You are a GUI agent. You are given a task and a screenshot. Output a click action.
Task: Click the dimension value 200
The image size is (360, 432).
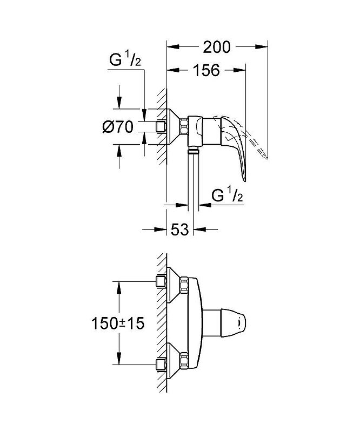pyautogui.click(x=217, y=48)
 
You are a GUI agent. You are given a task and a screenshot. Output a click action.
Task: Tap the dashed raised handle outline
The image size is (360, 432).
pyautogui.click(x=254, y=138)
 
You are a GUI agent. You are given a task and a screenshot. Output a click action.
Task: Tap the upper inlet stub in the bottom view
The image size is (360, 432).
pyautogui.click(x=160, y=282)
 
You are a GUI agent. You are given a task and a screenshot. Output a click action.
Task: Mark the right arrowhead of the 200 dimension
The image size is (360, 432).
pyautogui.click(x=264, y=48)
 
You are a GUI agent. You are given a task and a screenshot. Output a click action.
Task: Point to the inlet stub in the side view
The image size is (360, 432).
pyautogui.click(x=160, y=127)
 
